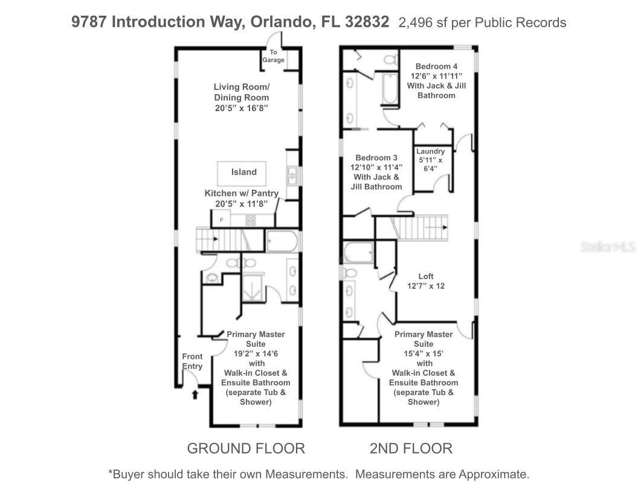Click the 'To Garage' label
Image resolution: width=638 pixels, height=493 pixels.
[273, 56]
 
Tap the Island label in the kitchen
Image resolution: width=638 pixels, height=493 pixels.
[244, 172]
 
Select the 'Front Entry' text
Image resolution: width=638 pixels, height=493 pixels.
[192, 361]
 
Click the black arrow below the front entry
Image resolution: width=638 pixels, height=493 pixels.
[195, 395]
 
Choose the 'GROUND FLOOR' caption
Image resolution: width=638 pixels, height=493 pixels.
[246, 448]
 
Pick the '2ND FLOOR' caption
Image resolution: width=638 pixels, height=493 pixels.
[411, 448]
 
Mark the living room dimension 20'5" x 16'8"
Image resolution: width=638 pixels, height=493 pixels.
[241, 108]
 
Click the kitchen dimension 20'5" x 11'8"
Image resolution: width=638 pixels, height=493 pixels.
[241, 204]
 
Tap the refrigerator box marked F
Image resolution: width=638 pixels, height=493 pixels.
[222, 219]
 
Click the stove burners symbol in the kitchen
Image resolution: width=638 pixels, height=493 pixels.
[250, 220]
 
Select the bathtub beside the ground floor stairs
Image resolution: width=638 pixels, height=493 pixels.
[282, 242]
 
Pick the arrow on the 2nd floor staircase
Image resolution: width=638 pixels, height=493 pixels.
[444, 227]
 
